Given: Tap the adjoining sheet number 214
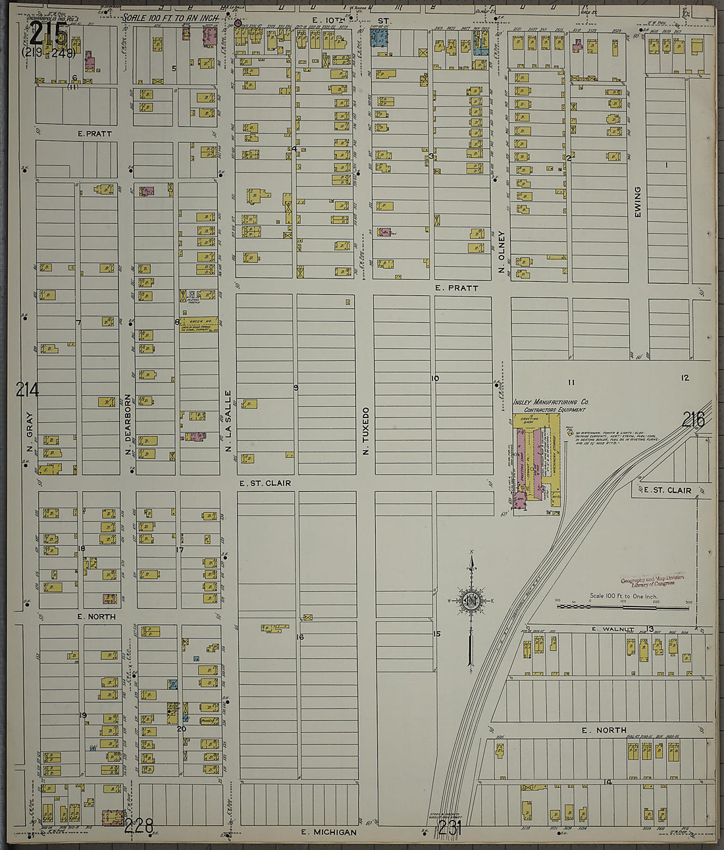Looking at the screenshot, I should coord(28,390).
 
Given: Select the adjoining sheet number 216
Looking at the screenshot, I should coord(693,419).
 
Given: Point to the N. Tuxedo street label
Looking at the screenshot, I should coord(365,431).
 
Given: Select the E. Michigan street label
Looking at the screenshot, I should coord(328,832).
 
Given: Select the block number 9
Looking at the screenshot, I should coord(296,388).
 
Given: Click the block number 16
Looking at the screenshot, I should coord(300,637).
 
